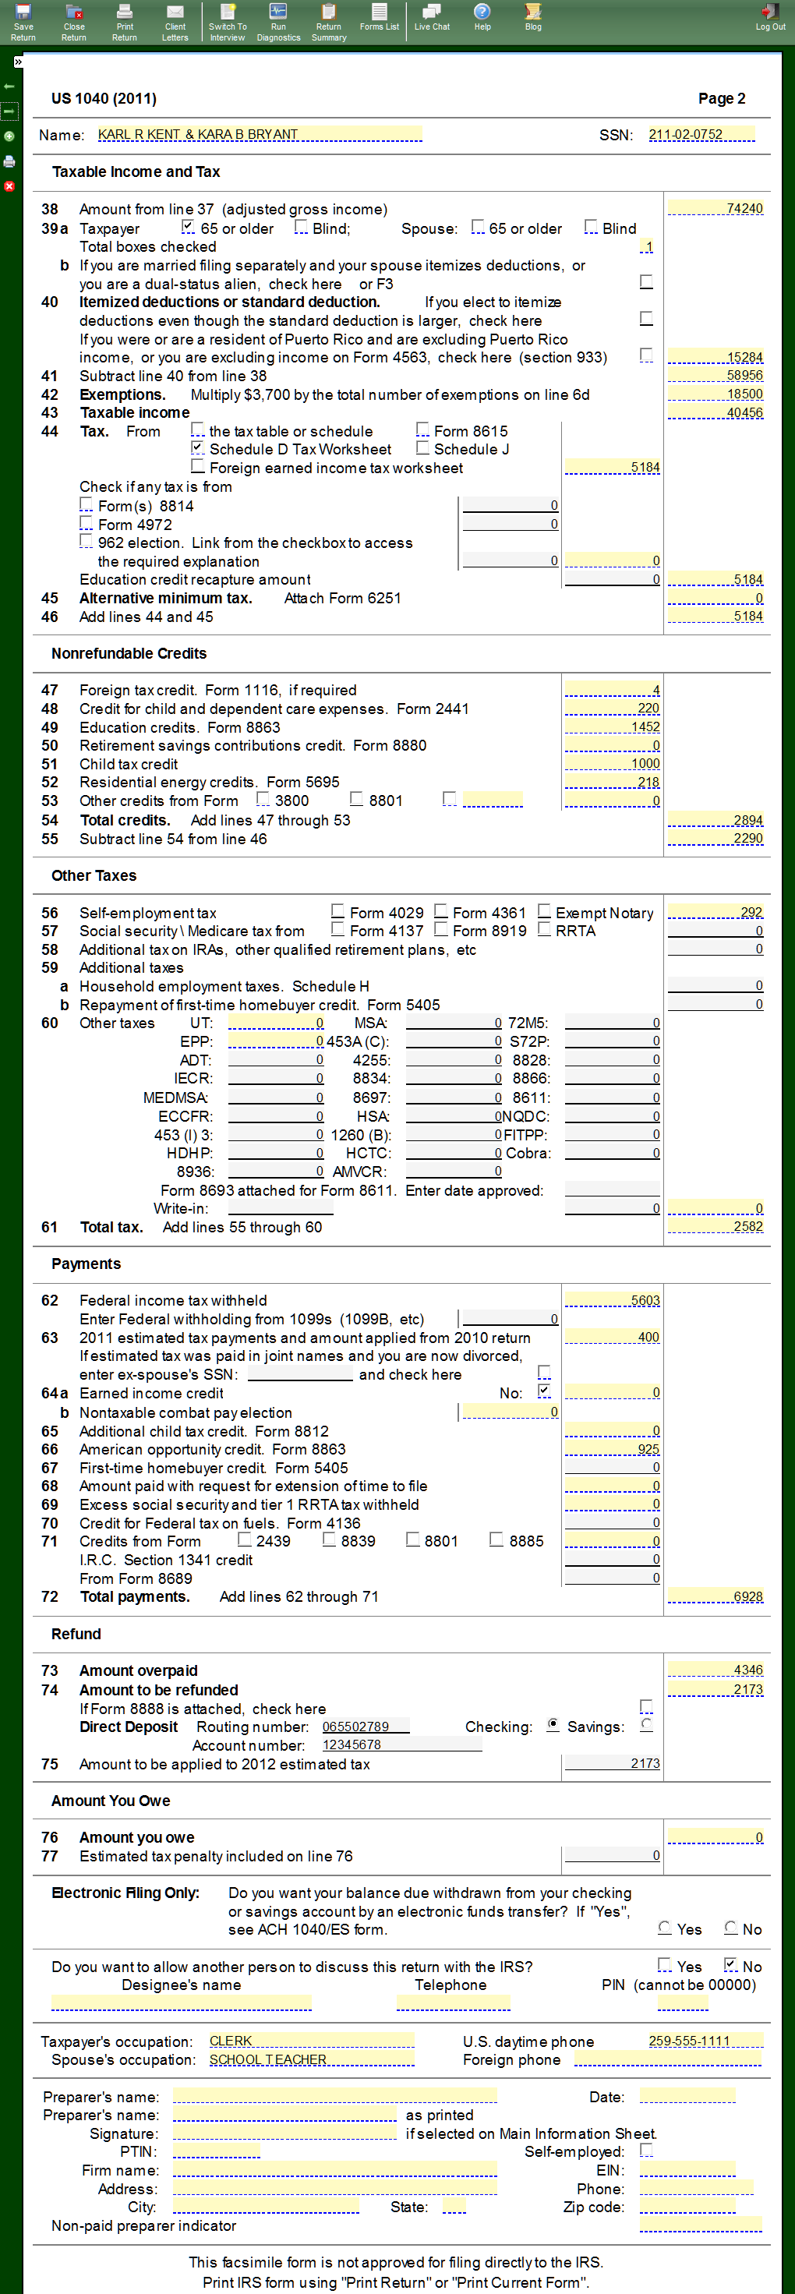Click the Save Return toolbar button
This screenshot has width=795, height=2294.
tap(23, 21)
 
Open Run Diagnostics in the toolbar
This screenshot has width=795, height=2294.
tap(277, 21)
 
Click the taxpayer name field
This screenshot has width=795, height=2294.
tap(258, 135)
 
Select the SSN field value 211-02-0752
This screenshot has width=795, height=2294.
tap(701, 135)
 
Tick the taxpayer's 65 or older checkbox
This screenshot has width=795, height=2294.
tap(188, 227)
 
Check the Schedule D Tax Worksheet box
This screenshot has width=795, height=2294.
tap(198, 448)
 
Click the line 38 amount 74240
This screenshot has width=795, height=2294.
tap(715, 208)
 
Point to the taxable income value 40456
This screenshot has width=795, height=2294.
tap(715, 412)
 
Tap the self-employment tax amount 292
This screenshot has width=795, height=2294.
tap(715, 912)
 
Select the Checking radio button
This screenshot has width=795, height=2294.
tap(553, 1725)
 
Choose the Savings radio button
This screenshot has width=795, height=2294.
tap(646, 1725)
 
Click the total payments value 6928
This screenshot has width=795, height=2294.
tap(715, 1596)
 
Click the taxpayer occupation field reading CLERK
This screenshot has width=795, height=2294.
tap(311, 2040)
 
